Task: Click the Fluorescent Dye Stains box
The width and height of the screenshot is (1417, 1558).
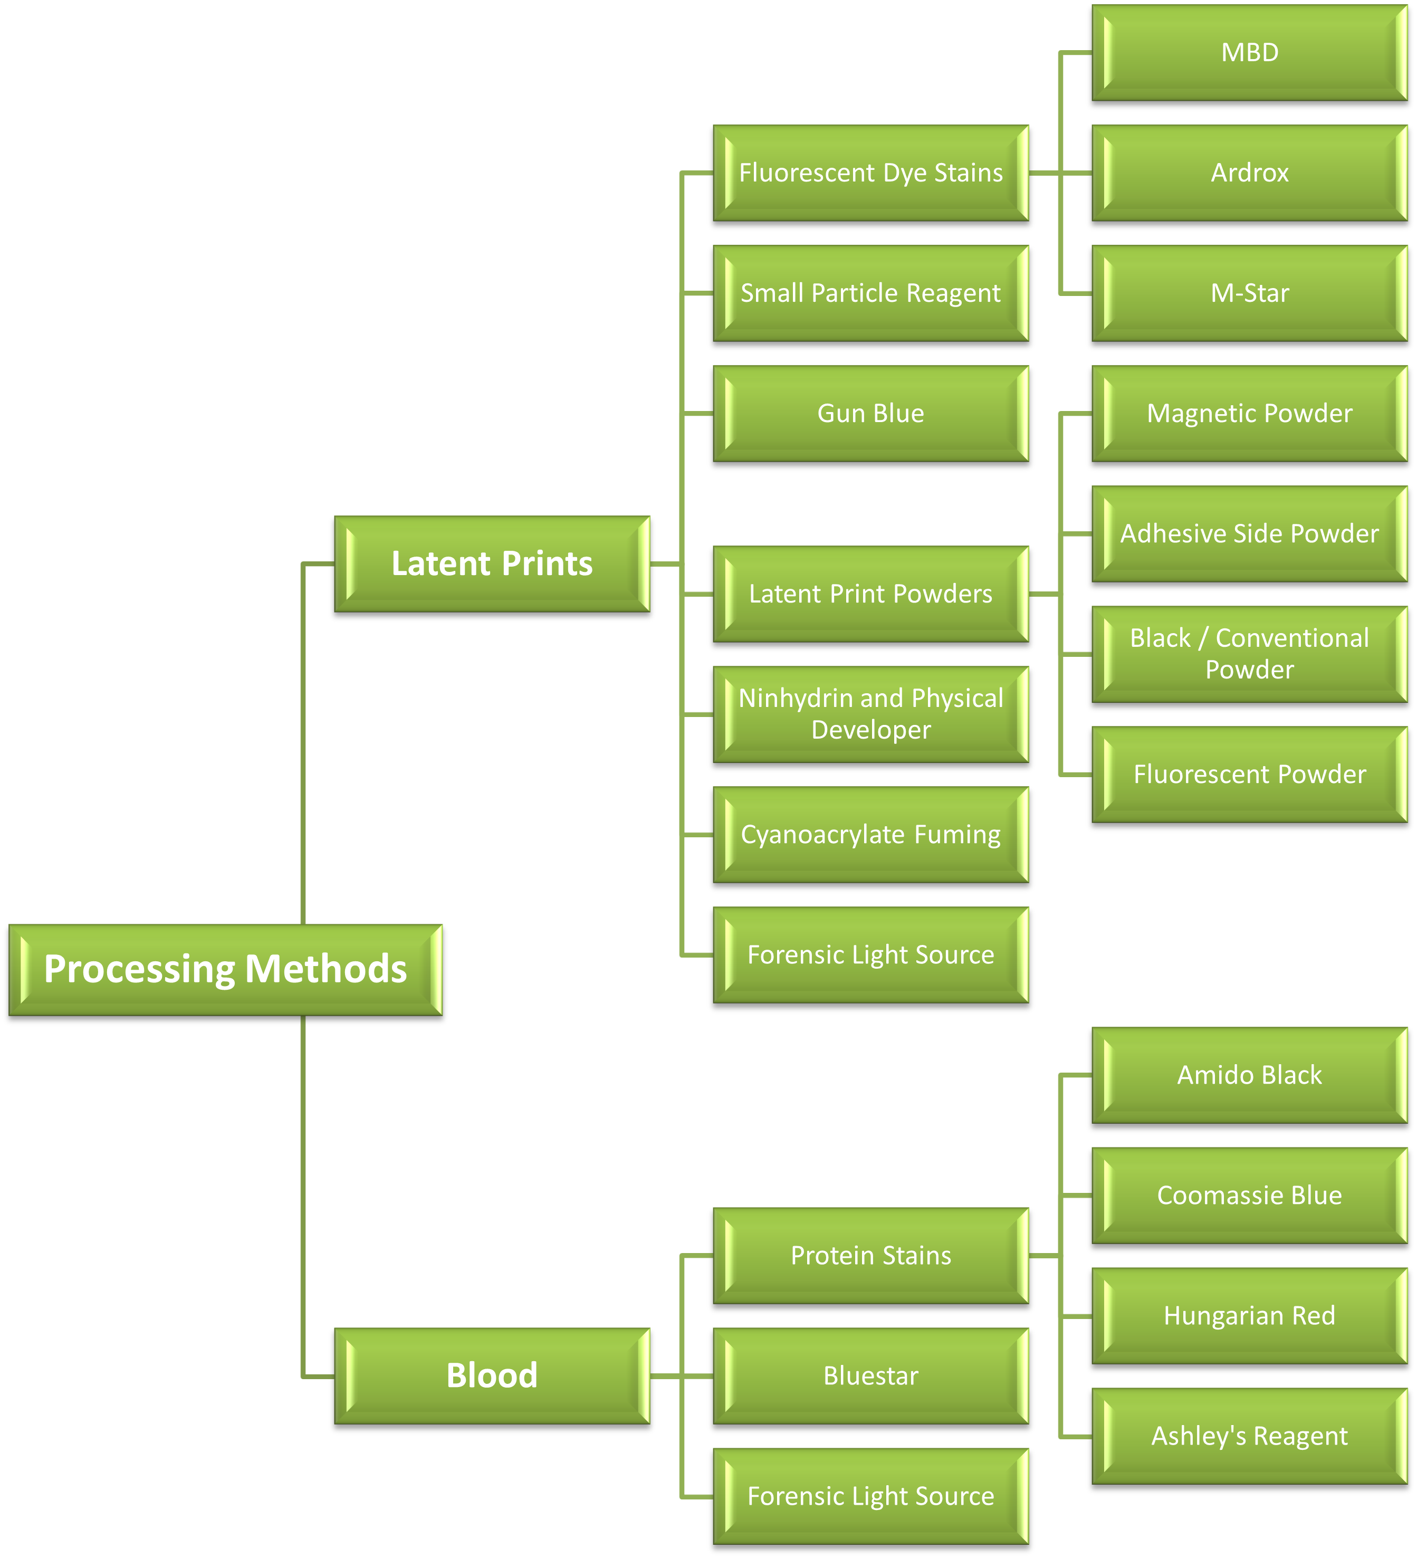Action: [871, 173]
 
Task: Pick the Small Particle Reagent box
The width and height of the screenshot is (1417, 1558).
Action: [871, 293]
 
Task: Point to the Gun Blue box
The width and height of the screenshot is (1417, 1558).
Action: [871, 414]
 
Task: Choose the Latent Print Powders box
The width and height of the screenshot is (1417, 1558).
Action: [871, 594]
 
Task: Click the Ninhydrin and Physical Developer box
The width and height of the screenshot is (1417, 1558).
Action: [871, 714]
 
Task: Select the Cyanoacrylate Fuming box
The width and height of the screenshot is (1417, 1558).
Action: [871, 835]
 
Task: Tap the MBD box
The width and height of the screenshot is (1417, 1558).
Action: [1249, 53]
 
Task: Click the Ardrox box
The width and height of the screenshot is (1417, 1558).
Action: [1249, 173]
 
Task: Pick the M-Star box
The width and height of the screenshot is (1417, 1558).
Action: [1249, 293]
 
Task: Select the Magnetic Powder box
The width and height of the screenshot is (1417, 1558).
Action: [1249, 414]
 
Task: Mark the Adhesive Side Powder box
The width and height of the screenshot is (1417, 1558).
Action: [1249, 533]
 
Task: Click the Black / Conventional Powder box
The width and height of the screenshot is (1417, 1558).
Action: [1249, 654]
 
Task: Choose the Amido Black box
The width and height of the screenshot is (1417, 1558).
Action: [1249, 1075]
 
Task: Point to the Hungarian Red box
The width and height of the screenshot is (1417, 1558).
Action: [1249, 1315]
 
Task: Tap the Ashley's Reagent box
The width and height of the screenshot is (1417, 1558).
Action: [1249, 1436]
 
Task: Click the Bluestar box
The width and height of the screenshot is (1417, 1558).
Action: [871, 1375]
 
